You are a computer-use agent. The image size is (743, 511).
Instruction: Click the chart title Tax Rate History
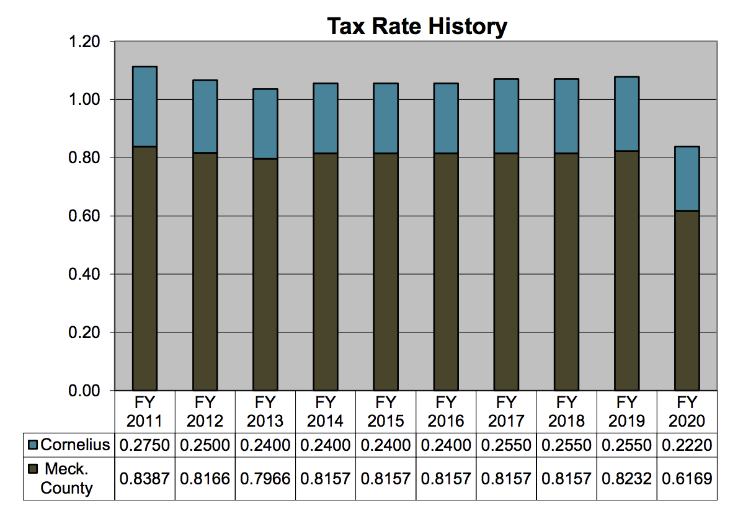point(417,26)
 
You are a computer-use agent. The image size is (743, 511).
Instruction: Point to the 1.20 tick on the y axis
point(86,42)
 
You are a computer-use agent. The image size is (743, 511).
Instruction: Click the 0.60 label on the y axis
point(86,216)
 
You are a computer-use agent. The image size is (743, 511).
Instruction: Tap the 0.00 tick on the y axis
point(86,391)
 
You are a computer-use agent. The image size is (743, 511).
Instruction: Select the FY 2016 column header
point(446,411)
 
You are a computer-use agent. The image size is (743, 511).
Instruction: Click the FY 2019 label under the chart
point(626,411)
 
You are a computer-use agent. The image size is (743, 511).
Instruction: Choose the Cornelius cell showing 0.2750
point(145,445)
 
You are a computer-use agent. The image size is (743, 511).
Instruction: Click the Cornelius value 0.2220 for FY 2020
point(687,445)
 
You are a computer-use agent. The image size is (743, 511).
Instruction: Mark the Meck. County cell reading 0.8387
point(145,479)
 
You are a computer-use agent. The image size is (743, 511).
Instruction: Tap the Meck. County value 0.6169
point(687,479)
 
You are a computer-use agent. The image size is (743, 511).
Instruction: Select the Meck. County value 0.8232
point(626,479)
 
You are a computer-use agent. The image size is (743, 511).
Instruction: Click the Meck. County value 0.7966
point(265,479)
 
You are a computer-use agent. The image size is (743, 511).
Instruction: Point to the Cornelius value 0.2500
point(205,445)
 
